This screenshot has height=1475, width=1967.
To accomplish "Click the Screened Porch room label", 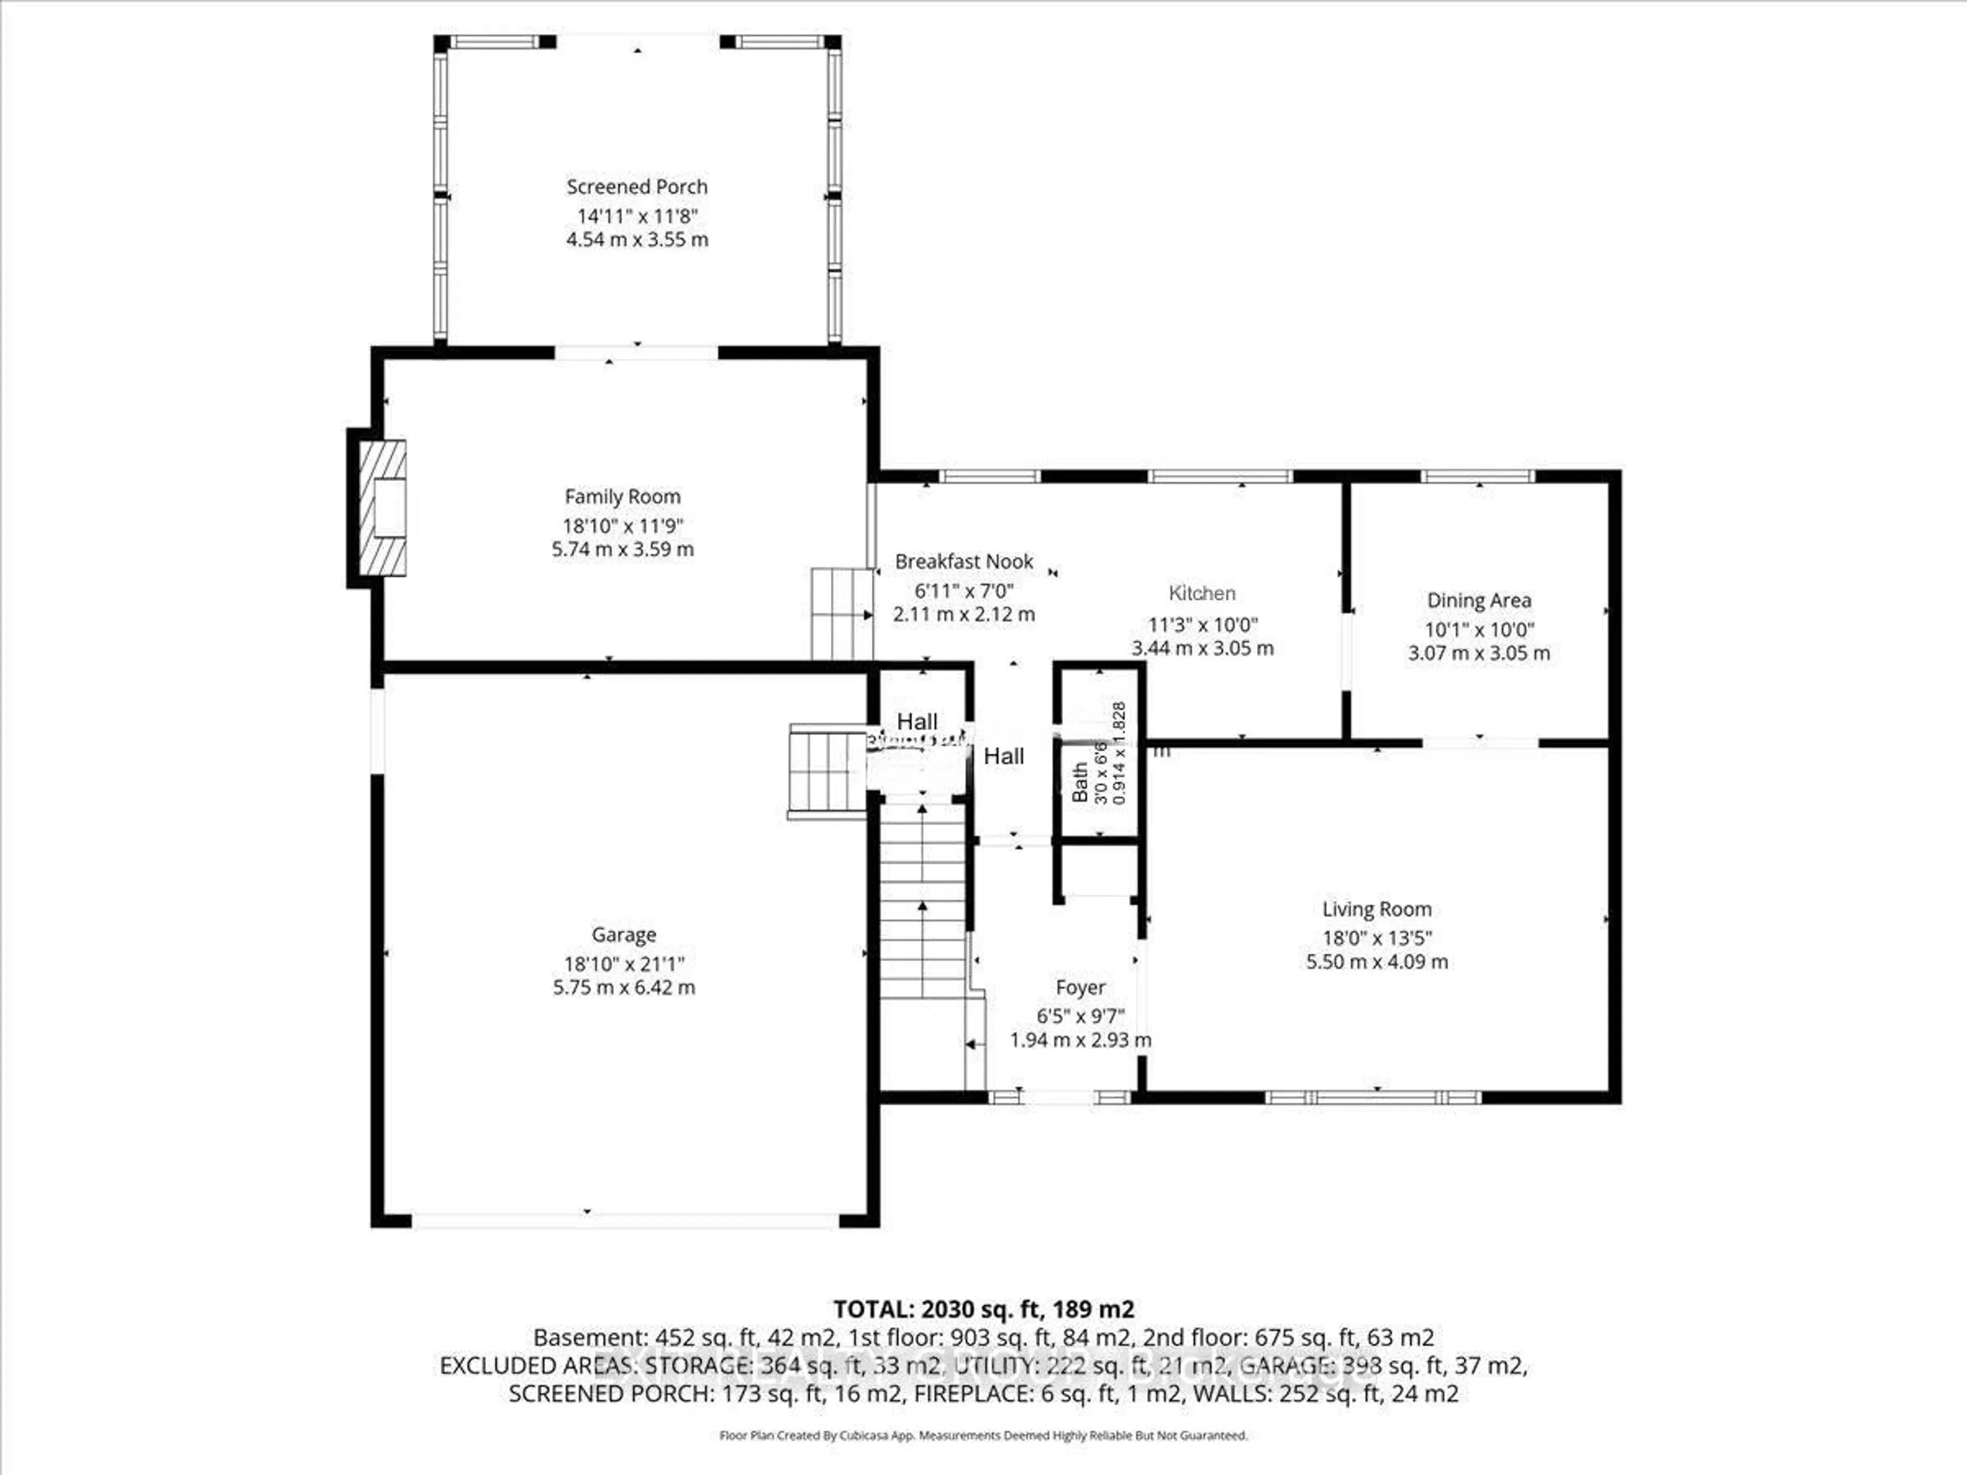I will point(637,187).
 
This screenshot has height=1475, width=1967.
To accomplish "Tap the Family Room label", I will point(622,497).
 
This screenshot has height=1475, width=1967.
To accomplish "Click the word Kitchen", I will point(1201,593).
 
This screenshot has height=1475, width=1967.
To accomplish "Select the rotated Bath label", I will point(1079,783).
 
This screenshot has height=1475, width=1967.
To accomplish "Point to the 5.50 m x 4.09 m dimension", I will point(1376,961).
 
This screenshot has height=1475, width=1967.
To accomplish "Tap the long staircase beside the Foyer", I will point(922,898).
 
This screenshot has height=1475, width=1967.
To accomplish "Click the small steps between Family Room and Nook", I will point(841,614).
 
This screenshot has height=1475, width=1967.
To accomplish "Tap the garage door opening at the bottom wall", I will point(624,1221).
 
